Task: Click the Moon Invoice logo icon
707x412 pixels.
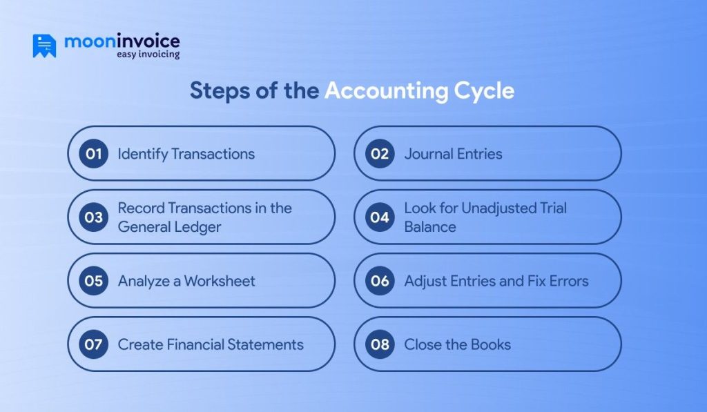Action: click(44, 46)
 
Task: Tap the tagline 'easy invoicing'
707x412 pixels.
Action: click(147, 54)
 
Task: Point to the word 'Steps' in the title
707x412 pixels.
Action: click(219, 91)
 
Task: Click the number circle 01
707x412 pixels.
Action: click(93, 154)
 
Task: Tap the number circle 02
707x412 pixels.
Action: click(380, 154)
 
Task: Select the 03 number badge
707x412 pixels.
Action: click(93, 217)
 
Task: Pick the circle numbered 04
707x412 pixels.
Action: click(380, 217)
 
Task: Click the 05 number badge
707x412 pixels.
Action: click(93, 281)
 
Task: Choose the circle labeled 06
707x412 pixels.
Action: click(380, 281)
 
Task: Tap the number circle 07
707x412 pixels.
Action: click(93, 344)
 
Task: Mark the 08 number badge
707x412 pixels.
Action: click(380, 344)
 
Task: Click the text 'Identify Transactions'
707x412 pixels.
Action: click(186, 154)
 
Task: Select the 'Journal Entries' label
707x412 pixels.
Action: click(453, 154)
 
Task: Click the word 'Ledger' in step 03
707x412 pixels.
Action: click(198, 227)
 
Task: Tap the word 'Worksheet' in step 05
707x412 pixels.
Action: click(220, 281)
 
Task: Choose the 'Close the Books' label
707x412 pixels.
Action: click(458, 344)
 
